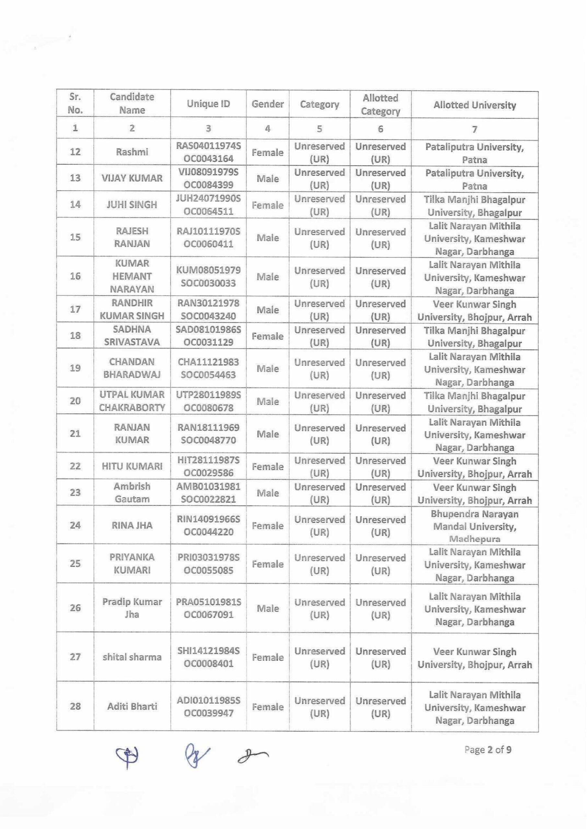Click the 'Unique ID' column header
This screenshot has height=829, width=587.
(x=208, y=104)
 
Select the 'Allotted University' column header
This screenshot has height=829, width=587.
(x=474, y=105)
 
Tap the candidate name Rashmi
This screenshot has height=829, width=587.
(x=132, y=152)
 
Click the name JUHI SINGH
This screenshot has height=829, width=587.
(x=132, y=205)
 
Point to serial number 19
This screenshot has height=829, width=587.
(x=75, y=368)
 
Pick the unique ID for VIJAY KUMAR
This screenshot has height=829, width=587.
(x=208, y=178)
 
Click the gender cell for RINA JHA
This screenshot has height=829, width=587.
(x=268, y=526)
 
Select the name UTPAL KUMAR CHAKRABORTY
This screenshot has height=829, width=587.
(x=132, y=401)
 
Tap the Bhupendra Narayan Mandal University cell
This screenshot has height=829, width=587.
(x=474, y=526)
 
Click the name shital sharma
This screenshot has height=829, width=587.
(x=132, y=657)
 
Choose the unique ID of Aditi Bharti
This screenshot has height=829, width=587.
(x=208, y=707)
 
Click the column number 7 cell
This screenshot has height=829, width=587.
(x=474, y=129)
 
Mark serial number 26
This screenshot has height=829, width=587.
(x=75, y=608)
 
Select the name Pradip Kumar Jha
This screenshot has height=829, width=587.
(x=132, y=608)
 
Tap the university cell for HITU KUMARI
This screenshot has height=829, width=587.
(x=474, y=467)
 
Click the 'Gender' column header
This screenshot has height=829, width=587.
(x=268, y=104)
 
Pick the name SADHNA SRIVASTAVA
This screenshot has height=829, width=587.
(x=132, y=335)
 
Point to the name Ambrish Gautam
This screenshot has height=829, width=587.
(x=132, y=493)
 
